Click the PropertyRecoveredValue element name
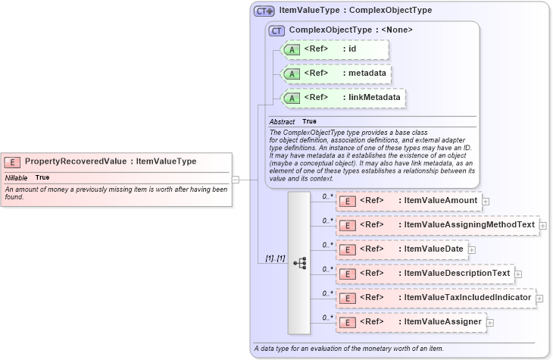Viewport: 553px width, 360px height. [x=75, y=161]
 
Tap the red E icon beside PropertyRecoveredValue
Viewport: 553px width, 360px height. [x=12, y=161]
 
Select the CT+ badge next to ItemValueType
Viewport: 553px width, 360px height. [x=264, y=11]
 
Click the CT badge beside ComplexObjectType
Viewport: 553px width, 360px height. [x=276, y=30]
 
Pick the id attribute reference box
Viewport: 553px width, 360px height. [x=334, y=49]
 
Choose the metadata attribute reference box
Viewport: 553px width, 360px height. [x=334, y=74]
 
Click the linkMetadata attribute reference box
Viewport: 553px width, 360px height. [x=342, y=98]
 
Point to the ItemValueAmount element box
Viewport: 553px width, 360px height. [x=408, y=201]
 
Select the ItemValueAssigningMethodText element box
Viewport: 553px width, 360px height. [x=436, y=225]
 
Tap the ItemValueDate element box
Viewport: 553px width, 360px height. [x=401, y=249]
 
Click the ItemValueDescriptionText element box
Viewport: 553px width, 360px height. [x=424, y=273]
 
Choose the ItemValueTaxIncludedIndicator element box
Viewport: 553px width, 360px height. [x=435, y=297]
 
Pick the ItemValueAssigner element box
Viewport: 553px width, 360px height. [x=410, y=322]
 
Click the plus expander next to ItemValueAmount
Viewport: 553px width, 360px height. [x=486, y=202]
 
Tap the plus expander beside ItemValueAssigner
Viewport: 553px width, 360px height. [x=490, y=323]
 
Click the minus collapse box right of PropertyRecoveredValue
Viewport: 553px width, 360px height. [x=236, y=180]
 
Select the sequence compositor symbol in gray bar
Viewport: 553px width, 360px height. [x=299, y=262]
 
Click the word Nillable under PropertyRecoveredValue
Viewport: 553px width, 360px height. [x=16, y=177]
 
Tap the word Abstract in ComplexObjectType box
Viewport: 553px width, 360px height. [x=282, y=121]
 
